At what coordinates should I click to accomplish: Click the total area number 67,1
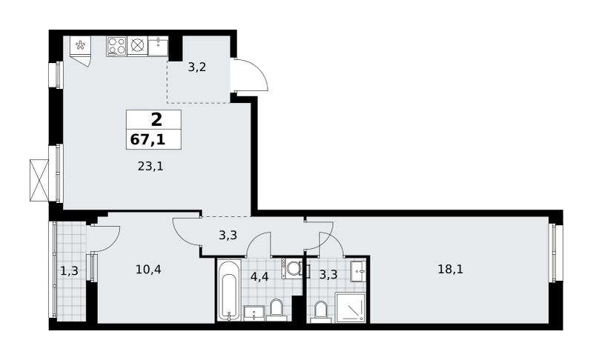(x=148, y=140)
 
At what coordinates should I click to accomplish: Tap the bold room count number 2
(x=156, y=120)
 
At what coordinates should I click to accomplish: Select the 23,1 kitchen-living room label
(x=150, y=166)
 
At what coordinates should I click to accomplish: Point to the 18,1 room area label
(x=451, y=270)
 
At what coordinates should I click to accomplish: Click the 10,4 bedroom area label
(x=148, y=270)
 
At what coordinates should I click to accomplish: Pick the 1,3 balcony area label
(x=69, y=270)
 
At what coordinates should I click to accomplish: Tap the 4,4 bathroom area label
(x=259, y=276)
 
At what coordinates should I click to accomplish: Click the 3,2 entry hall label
(x=197, y=67)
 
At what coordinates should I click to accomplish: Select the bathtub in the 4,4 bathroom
(x=229, y=290)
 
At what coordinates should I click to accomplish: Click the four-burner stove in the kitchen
(x=116, y=46)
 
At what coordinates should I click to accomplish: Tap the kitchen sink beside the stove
(x=158, y=46)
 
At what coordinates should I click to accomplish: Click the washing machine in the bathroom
(x=292, y=269)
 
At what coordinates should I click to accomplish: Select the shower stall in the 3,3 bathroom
(x=351, y=308)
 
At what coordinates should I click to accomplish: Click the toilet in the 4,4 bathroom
(x=276, y=310)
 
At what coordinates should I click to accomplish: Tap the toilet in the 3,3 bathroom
(x=321, y=312)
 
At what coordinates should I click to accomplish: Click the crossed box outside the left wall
(x=39, y=180)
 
